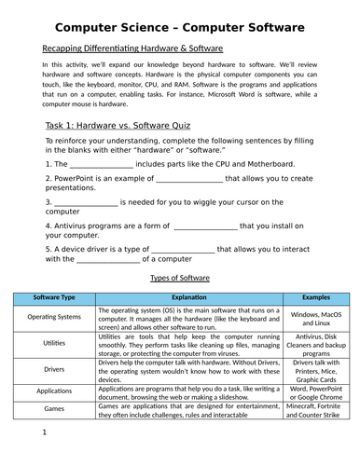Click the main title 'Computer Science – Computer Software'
(180, 28)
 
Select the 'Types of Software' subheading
(180, 278)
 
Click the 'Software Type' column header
(54, 298)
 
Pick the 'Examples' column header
(314, 298)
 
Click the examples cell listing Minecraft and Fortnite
(314, 410)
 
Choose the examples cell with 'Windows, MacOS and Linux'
(314, 319)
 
